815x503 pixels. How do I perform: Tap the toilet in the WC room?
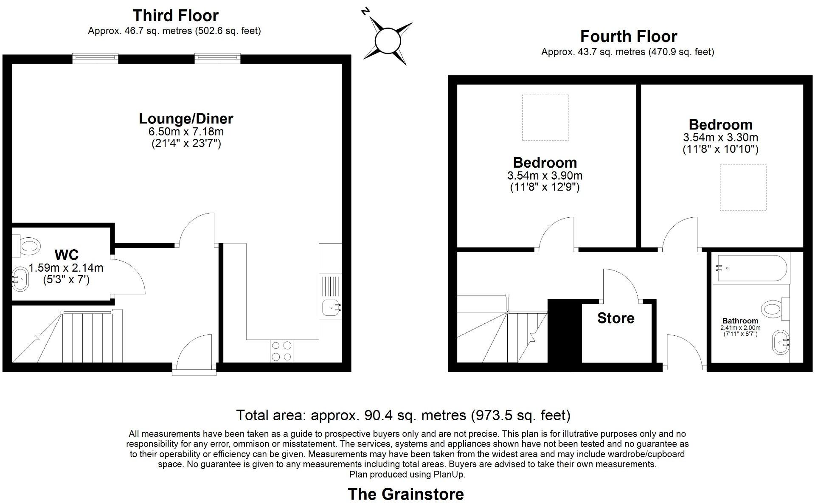[x=28, y=246]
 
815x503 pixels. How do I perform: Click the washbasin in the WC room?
[x=20, y=279]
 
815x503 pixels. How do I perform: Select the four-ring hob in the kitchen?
[x=281, y=351]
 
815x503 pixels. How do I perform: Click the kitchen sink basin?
[x=330, y=307]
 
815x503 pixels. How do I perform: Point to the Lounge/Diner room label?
[x=186, y=119]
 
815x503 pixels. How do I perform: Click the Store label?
[x=615, y=318]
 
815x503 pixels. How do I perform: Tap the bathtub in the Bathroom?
[x=750, y=268]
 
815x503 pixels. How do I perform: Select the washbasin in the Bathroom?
[x=780, y=342]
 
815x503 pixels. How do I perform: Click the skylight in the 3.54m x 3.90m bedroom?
[x=545, y=118]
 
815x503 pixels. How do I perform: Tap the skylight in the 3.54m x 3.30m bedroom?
[x=743, y=188]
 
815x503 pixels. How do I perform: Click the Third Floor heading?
[x=175, y=16]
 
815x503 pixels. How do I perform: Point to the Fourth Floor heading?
[x=628, y=37]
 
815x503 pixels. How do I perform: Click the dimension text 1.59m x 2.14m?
[x=66, y=268]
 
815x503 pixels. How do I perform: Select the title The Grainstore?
[x=406, y=494]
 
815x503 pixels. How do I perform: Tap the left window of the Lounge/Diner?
[x=95, y=58]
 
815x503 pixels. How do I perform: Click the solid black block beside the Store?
[x=564, y=331]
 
